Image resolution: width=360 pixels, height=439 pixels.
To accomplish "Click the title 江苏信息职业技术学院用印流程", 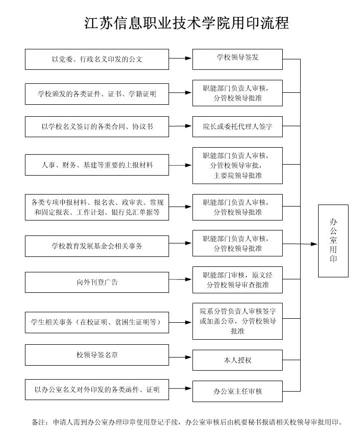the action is coord(186,23).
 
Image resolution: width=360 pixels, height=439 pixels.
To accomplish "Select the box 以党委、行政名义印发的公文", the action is coord(97,59).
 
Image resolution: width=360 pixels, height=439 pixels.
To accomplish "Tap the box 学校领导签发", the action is coord(237,59).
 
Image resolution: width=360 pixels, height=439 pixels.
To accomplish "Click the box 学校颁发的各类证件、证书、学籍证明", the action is coord(97,94).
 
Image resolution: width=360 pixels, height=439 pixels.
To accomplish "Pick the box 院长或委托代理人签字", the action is coord(237,127).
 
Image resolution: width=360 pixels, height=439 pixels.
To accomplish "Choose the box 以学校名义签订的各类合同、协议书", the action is coord(97,127).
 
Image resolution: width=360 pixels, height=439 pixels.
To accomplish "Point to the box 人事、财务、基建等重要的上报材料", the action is coord(97,165).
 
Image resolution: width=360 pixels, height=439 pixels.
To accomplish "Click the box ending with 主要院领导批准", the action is coord(237,166).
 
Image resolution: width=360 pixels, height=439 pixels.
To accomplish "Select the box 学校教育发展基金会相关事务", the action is coord(97,246).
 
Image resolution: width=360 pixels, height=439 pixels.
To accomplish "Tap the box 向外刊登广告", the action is coord(97,282).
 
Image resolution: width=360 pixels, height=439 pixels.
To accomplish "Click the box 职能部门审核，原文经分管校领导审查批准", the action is coord(237,280).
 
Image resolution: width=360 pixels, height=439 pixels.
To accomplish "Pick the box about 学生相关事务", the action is coord(97,323).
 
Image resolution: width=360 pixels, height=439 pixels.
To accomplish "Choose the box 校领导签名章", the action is coord(97,355).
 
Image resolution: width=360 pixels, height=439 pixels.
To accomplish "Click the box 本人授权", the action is coord(237,360).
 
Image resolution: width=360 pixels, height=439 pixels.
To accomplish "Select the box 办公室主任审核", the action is coord(237,391).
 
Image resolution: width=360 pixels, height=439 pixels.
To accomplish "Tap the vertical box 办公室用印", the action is coord(333,241).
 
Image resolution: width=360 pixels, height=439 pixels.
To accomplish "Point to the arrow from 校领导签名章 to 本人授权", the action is coord(180,357).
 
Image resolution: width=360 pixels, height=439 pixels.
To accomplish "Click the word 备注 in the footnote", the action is coord(38,422).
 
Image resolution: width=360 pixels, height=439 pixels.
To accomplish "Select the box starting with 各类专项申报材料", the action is coord(97,207).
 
